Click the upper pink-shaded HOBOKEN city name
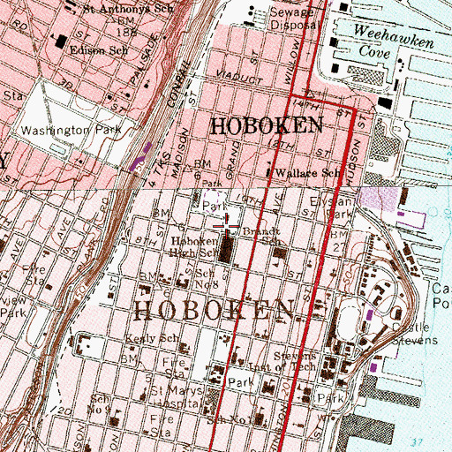pyautogui.click(x=266, y=126)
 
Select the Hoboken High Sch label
pyautogui.click(x=194, y=246)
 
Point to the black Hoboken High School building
pyautogui.click(x=227, y=251)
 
